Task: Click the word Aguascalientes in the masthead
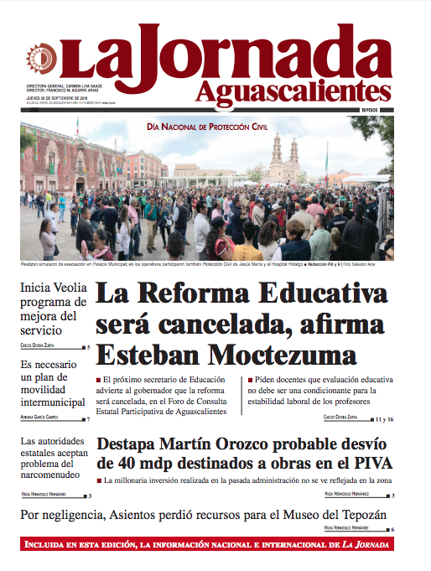[x=294, y=89]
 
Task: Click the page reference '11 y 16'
[x=384, y=418]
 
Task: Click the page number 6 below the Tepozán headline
[x=392, y=529]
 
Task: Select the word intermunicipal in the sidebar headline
[x=54, y=402]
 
